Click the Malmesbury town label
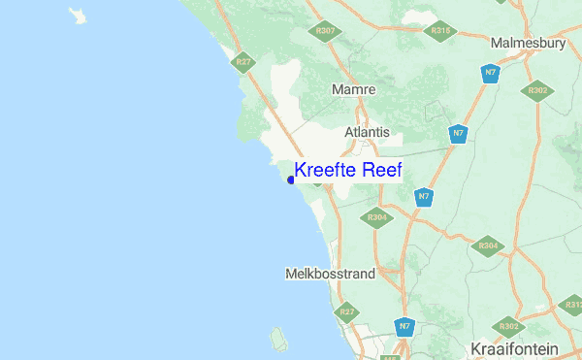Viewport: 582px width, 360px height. (529, 44)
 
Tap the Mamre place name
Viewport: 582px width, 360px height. (353, 89)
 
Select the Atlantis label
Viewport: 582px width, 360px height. (367, 132)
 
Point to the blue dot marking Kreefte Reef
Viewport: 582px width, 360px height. (291, 180)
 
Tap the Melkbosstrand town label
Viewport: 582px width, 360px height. (330, 275)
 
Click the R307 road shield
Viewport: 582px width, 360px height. (326, 31)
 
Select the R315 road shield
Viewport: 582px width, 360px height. (440, 31)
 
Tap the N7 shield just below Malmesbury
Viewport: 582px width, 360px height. (492, 73)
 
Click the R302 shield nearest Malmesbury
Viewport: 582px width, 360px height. (538, 91)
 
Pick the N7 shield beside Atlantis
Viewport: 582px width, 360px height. (456, 134)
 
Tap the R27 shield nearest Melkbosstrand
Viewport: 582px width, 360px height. (345, 312)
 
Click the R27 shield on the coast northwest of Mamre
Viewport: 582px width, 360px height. (243, 62)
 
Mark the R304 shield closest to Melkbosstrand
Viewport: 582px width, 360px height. (378, 217)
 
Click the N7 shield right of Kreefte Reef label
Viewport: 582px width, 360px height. (424, 197)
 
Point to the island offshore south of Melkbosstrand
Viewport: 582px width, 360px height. (279, 340)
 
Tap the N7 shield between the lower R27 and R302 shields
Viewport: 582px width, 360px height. (402, 327)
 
